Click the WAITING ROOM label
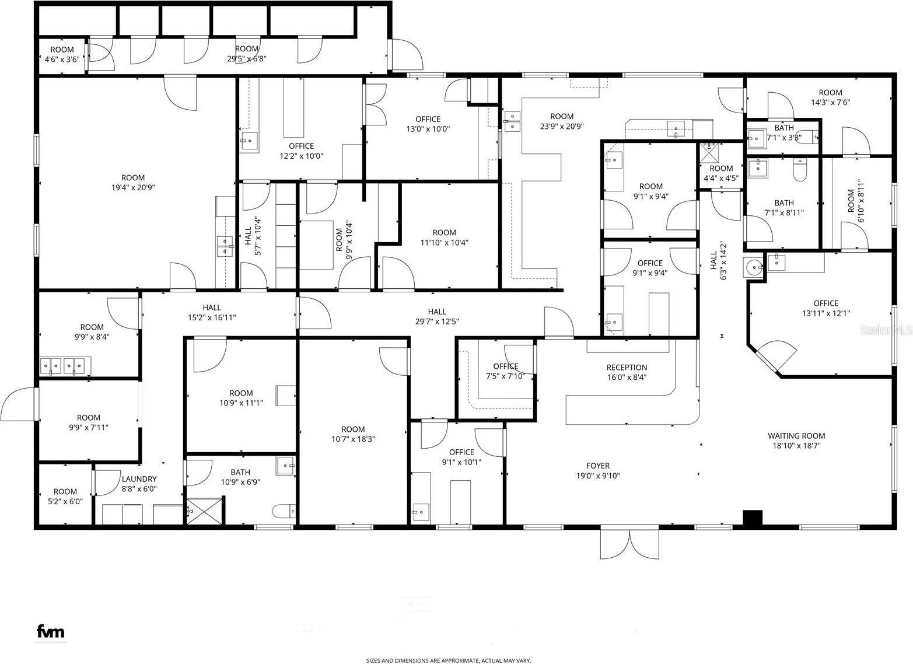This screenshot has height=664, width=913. (x=796, y=436)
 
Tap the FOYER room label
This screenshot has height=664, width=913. (x=598, y=466)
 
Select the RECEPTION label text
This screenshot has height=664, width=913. (x=627, y=368)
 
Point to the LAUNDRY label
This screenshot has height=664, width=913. (x=139, y=479)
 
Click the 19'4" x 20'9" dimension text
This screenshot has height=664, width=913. (x=133, y=188)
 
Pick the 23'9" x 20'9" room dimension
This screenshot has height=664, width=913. (x=562, y=126)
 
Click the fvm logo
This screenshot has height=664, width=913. (x=51, y=631)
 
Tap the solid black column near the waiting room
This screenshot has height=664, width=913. (x=753, y=518)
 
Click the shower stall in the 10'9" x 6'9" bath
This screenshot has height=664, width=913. (x=204, y=512)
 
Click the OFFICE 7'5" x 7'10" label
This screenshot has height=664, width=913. (x=505, y=371)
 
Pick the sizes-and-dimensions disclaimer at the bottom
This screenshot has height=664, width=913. (x=448, y=660)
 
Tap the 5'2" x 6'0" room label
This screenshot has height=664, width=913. (x=65, y=497)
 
